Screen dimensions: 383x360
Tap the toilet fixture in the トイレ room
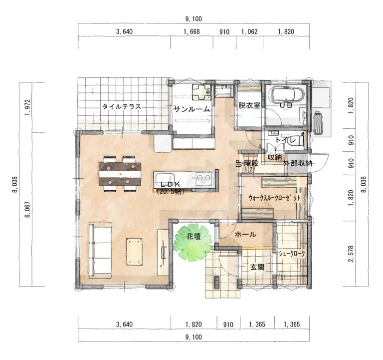point(298,140)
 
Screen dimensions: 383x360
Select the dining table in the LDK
point(120,174)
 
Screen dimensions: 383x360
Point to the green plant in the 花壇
point(192,243)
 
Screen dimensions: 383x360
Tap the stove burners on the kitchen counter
point(203,180)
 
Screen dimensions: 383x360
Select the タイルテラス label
point(121,107)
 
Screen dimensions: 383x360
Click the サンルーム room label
point(191,109)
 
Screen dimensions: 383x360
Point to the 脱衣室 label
point(249,105)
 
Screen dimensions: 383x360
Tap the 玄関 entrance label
point(257,267)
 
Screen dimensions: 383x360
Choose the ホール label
point(245,235)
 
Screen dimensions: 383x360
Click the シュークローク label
point(292,254)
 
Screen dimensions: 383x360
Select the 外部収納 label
point(298,163)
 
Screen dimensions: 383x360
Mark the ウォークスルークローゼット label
point(275,198)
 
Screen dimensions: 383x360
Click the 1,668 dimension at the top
point(191,31)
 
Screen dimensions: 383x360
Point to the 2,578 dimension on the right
point(352,253)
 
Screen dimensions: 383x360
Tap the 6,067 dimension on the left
point(27,209)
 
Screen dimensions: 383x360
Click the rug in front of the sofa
point(134,252)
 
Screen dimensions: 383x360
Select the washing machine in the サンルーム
point(201,92)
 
